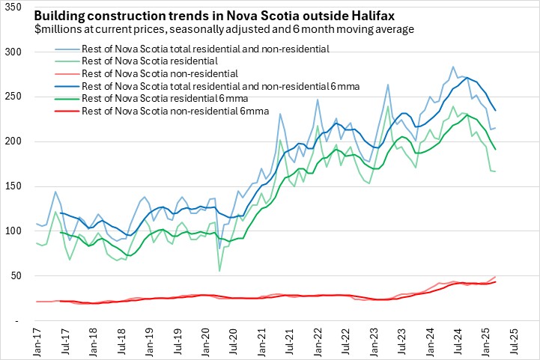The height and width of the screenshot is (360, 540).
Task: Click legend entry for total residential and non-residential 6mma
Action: [x=211, y=86]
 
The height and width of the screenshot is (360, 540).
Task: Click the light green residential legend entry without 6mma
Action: [x=148, y=61]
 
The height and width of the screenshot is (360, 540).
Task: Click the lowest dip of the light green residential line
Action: [x=219, y=271]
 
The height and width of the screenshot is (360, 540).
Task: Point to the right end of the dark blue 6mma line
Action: [x=495, y=111]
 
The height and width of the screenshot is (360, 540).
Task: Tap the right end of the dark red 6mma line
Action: [x=495, y=281]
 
